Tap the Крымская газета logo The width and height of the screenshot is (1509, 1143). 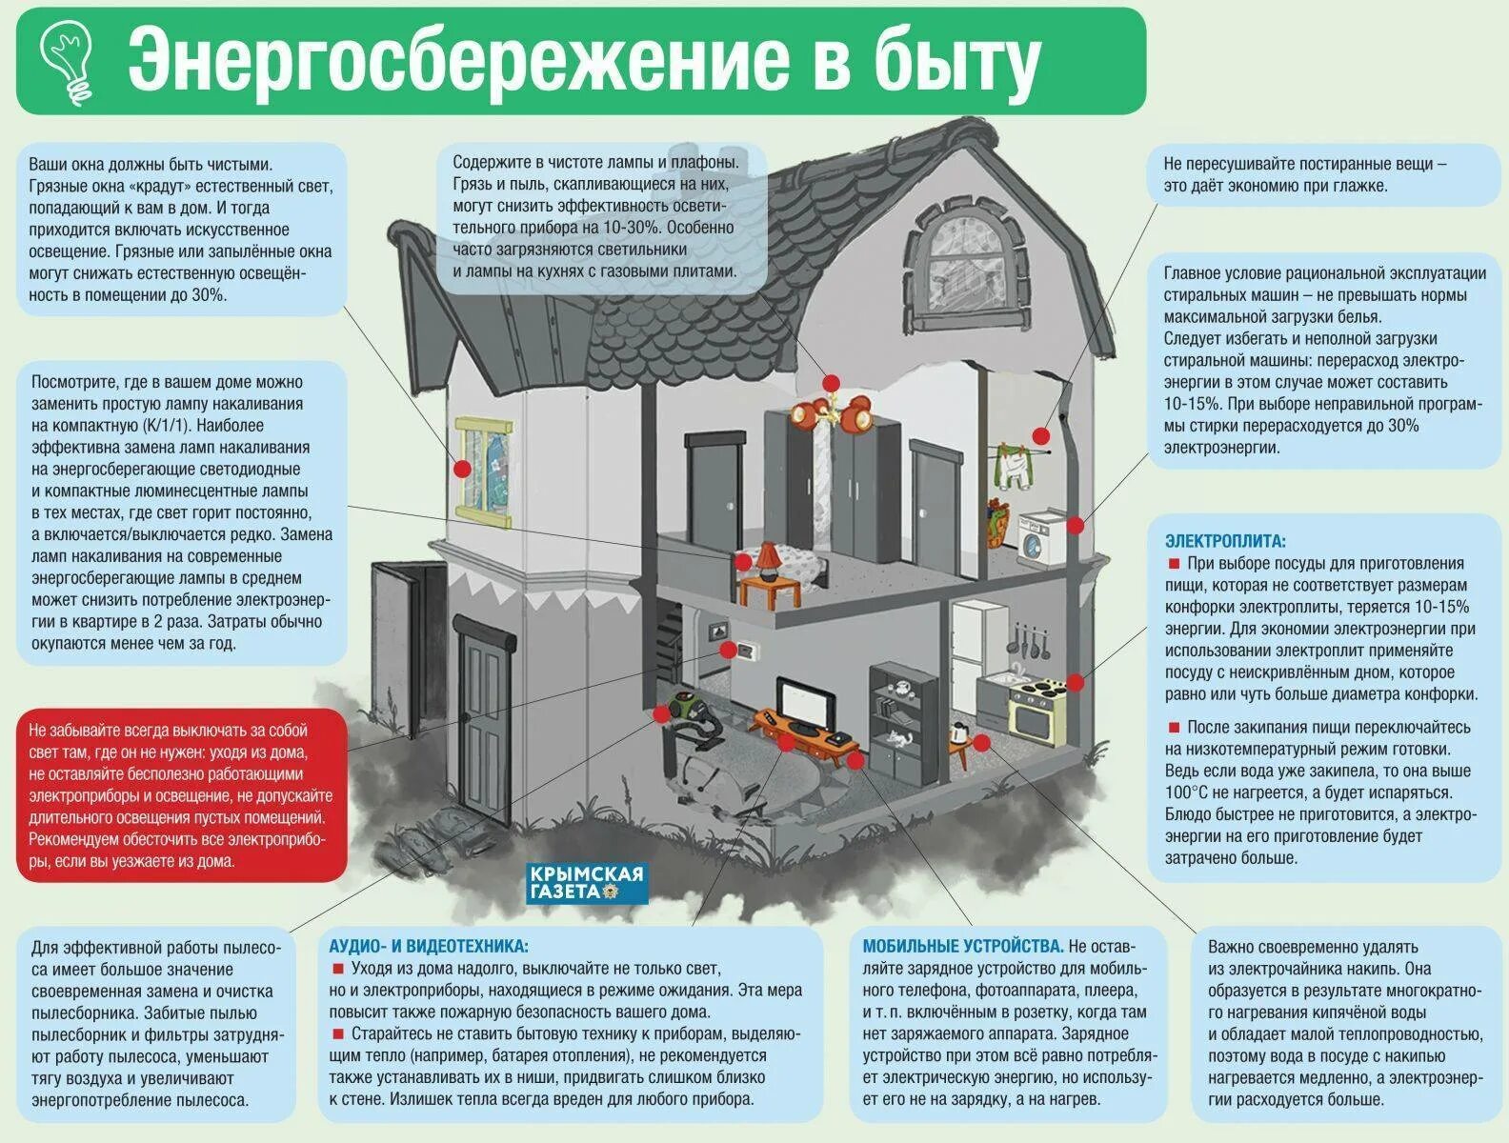(x=587, y=883)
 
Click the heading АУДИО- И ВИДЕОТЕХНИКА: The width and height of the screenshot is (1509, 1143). (x=428, y=947)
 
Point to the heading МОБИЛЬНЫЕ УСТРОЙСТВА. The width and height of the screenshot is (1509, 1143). (x=962, y=947)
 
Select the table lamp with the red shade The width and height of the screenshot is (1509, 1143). (x=767, y=557)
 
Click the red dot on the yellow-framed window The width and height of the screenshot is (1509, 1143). (x=462, y=469)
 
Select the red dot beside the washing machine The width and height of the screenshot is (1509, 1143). (x=1076, y=525)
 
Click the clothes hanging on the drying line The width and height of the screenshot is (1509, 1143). (x=1012, y=466)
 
